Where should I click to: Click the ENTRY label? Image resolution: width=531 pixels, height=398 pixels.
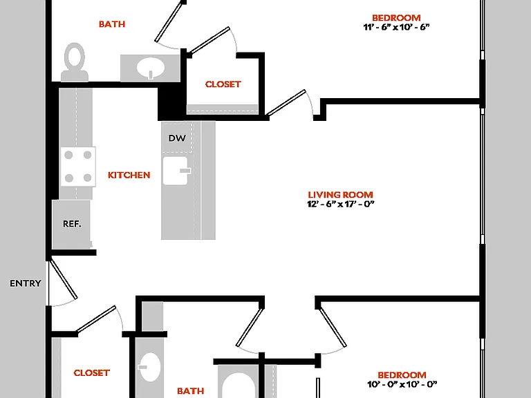pyautogui.click(x=26, y=283)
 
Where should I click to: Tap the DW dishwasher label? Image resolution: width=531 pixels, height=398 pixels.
pyautogui.click(x=177, y=138)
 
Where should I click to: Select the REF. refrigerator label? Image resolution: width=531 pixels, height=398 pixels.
pyautogui.click(x=72, y=224)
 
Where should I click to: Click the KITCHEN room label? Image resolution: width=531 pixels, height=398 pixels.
pyautogui.click(x=129, y=175)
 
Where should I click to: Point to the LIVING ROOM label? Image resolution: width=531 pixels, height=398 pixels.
pyautogui.click(x=341, y=195)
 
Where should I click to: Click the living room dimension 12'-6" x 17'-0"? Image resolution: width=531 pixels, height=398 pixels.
pyautogui.click(x=341, y=204)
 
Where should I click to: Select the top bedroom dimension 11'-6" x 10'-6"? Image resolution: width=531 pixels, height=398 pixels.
pyautogui.click(x=396, y=27)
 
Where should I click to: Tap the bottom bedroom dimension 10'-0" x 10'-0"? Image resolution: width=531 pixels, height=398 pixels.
pyautogui.click(x=402, y=384)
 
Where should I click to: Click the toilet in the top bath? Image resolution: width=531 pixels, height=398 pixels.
pyautogui.click(x=75, y=62)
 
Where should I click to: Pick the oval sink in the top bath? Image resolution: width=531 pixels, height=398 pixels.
pyautogui.click(x=151, y=68)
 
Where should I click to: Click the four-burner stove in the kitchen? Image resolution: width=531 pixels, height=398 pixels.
pyautogui.click(x=78, y=167)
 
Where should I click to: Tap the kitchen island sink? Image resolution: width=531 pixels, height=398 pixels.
pyautogui.click(x=176, y=171)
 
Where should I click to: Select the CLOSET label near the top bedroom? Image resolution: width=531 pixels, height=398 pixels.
pyautogui.click(x=223, y=84)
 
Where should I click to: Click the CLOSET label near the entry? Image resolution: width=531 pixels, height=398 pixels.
pyautogui.click(x=92, y=373)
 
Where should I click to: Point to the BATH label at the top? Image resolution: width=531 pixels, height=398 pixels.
pyautogui.click(x=112, y=24)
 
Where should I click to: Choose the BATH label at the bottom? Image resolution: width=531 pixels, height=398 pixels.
pyautogui.click(x=191, y=391)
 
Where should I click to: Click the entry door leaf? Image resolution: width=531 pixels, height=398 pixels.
pyautogui.click(x=64, y=278)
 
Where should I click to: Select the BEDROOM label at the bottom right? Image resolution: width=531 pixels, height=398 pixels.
pyautogui.click(x=402, y=375)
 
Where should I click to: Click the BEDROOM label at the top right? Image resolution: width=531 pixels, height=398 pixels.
pyautogui.click(x=396, y=17)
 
